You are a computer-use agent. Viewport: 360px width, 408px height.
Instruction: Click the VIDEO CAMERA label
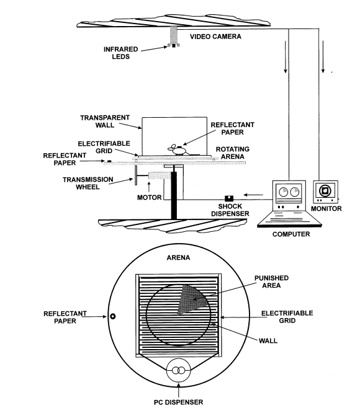pyautogui.click(x=215, y=37)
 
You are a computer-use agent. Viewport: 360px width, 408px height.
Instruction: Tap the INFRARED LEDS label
pyautogui.click(x=120, y=53)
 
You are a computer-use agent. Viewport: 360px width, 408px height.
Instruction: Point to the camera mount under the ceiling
pyautogui.click(x=174, y=35)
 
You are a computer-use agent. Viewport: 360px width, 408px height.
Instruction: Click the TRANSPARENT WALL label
pyautogui.click(x=105, y=122)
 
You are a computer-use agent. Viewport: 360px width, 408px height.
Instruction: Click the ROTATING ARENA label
pyautogui.click(x=233, y=153)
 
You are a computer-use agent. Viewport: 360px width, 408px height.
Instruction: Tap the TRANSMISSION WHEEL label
pyautogui.click(x=88, y=183)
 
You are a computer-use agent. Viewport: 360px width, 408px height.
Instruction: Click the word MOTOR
pyautogui.click(x=149, y=198)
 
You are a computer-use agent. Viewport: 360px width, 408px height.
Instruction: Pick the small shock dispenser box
pyautogui.click(x=229, y=198)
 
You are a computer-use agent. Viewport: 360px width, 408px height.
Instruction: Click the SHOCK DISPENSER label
pyautogui.click(x=230, y=210)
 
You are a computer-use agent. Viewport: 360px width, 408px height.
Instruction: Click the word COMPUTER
pyautogui.click(x=291, y=234)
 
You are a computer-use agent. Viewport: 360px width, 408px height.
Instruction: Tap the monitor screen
pyautogui.click(x=325, y=191)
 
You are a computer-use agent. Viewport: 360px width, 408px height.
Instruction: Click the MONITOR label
pyautogui.click(x=326, y=209)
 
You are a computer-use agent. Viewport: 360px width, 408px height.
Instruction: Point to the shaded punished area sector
pyautogui.click(x=192, y=299)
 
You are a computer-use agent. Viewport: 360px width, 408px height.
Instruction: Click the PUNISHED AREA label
pyautogui.click(x=271, y=282)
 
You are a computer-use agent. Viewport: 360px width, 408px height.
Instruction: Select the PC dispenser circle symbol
pyautogui.click(x=178, y=370)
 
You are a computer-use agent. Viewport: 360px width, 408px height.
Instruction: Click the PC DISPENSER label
pyautogui.click(x=178, y=402)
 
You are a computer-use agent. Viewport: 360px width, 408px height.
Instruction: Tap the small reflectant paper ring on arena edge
pyautogui.click(x=113, y=316)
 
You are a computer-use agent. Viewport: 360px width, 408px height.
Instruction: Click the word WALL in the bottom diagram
pyautogui.click(x=268, y=340)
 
